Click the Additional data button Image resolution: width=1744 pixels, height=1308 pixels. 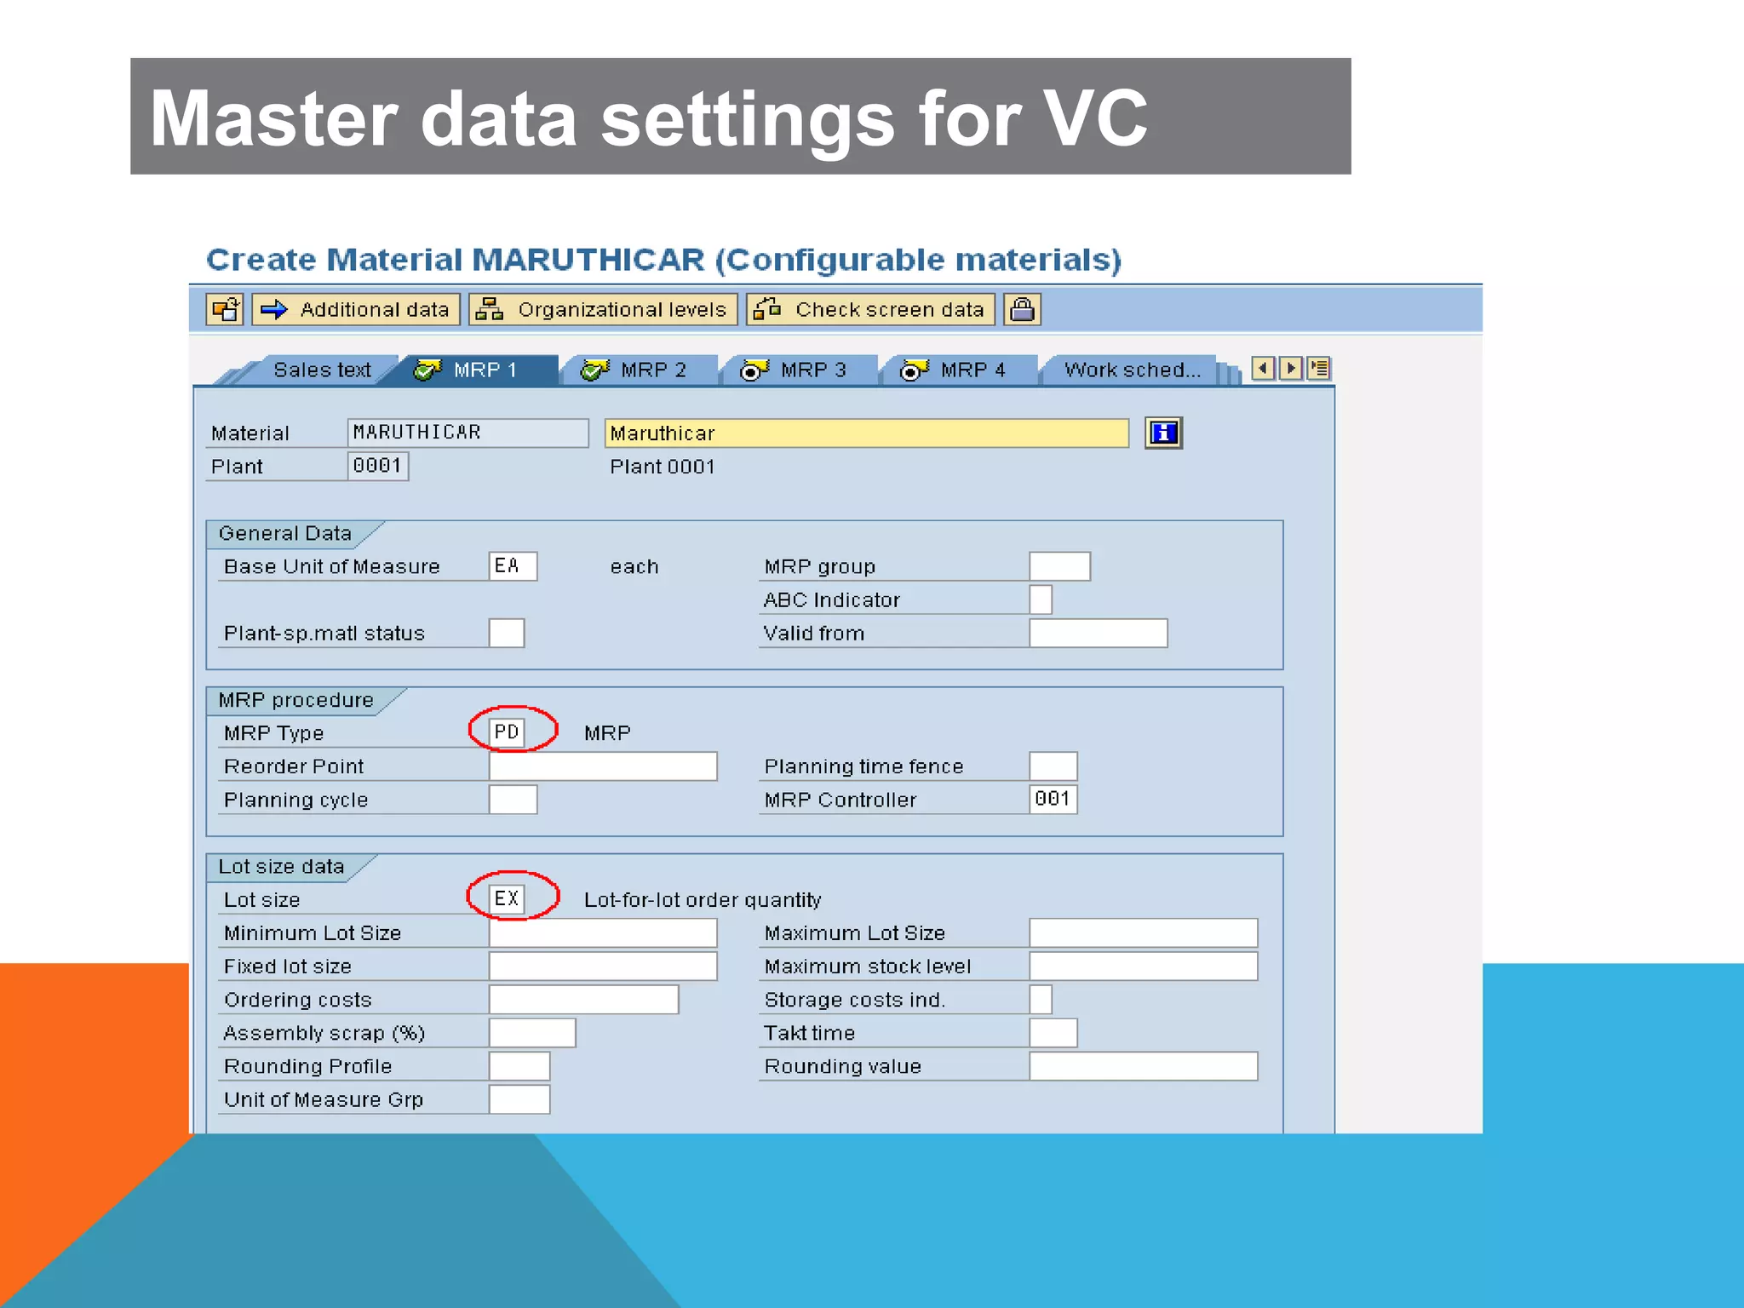pos(356,309)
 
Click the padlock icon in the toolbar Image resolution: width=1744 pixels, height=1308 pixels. pos(1022,309)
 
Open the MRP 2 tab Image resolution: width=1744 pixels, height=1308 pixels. pos(635,370)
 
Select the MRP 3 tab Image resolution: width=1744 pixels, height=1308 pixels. pos(795,370)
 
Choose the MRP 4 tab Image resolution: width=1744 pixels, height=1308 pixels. pos(955,370)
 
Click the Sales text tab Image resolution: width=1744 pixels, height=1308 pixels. pos(322,370)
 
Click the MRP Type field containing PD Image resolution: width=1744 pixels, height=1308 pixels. pos(507,732)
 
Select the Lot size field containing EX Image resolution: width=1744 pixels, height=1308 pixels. pos(507,898)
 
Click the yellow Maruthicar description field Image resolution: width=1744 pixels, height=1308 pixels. pos(865,433)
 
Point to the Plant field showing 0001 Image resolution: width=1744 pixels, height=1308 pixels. pos(377,466)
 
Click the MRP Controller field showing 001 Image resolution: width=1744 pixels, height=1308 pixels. pos(1053,799)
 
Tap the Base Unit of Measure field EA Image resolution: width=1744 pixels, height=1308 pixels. pos(512,566)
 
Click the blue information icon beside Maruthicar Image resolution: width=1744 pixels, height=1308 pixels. pos(1163,433)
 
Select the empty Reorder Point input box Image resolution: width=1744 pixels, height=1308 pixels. pos(602,766)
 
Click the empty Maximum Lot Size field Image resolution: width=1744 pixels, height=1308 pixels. pos(1143,932)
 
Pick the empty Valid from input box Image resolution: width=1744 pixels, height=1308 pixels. pos(1098,633)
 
